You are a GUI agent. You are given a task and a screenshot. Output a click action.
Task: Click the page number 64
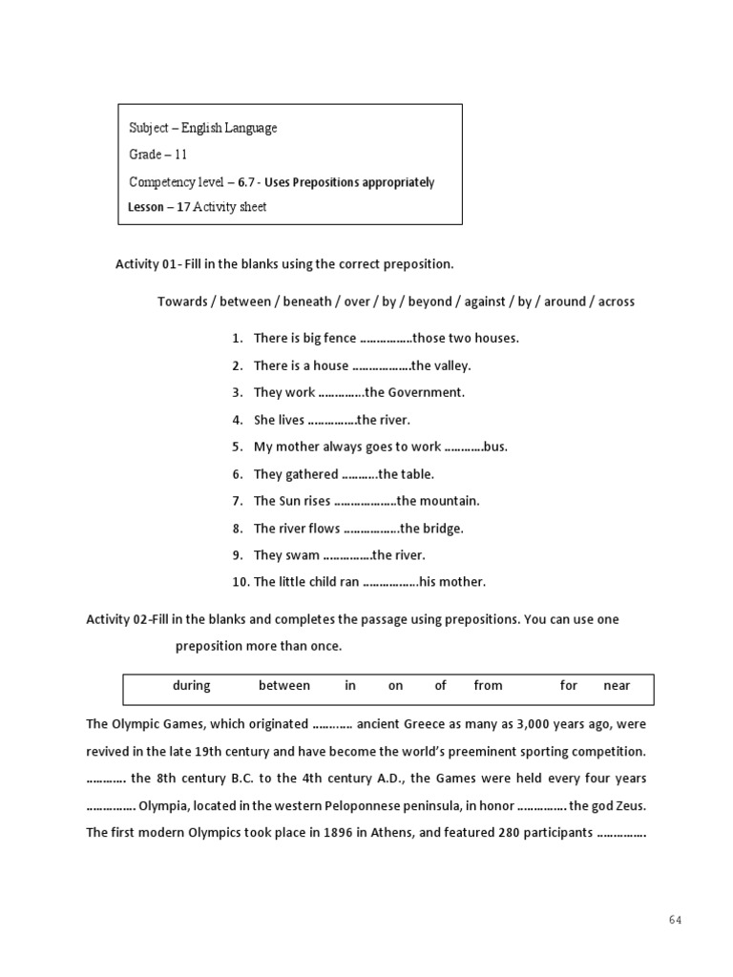coord(675,920)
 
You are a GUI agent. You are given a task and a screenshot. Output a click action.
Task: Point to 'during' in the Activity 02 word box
coord(191,685)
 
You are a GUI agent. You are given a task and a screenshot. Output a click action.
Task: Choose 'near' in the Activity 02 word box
coord(617,685)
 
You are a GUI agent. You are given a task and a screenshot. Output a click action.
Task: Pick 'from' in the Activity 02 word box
coord(488,685)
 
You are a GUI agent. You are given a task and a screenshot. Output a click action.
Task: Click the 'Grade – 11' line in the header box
coord(158,155)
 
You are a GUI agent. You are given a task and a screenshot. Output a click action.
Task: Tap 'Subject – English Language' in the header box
coord(203,128)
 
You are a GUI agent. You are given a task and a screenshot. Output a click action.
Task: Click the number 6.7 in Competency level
coord(246,182)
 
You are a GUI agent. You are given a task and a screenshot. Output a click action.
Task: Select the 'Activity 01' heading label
coord(145,263)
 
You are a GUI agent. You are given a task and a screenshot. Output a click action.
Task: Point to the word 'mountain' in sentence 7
coord(451,501)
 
